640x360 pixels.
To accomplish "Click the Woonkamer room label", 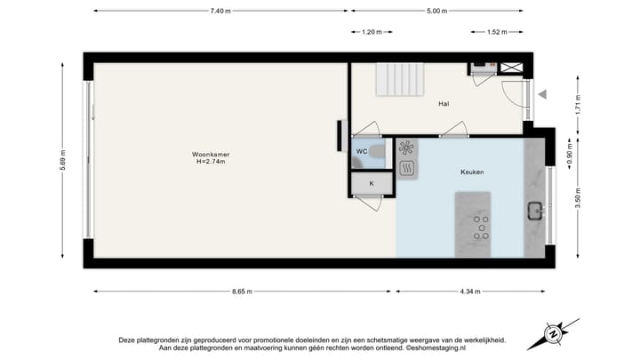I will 209,155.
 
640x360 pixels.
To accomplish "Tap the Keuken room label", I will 472,172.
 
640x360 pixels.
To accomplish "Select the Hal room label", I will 443,104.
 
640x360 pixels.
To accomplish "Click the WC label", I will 362,152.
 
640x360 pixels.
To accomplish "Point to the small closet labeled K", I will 371,184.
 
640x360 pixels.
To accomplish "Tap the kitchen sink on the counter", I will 535,211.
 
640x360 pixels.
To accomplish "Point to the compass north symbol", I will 553,334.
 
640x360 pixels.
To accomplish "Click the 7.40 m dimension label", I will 220,11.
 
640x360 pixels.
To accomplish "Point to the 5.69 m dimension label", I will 65,160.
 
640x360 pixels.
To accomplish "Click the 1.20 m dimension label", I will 372,33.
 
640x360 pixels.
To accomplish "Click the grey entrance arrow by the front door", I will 542,93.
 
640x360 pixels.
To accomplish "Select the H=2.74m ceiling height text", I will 209,162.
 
